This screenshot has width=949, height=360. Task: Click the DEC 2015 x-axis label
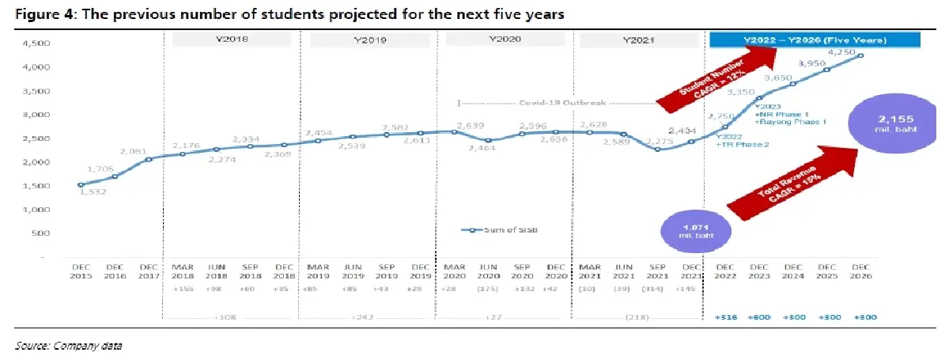click(x=81, y=271)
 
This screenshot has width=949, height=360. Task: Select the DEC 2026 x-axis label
click(x=861, y=271)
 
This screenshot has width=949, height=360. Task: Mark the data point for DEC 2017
click(x=149, y=159)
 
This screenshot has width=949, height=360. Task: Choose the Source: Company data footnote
click(x=69, y=346)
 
